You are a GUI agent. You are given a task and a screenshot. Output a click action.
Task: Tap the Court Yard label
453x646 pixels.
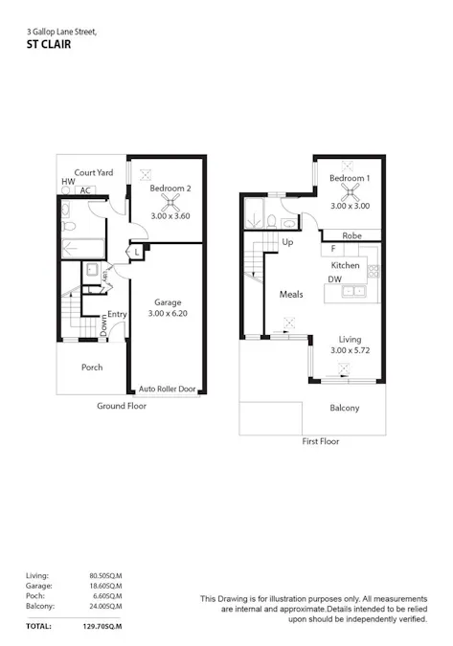coord(93,173)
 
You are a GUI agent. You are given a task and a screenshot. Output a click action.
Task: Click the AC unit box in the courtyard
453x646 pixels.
coord(86,190)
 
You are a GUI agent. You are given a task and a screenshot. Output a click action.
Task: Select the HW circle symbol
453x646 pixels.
coord(67,190)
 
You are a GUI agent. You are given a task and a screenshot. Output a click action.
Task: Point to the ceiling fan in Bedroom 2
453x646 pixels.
coord(170,203)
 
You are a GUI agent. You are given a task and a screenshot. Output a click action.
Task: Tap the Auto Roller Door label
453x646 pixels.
coord(167,390)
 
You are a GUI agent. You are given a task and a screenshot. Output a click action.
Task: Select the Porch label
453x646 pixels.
coord(91,367)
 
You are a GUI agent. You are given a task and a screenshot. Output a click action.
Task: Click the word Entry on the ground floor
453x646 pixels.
coord(117,314)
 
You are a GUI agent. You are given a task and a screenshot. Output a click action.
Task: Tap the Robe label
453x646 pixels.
coord(351,234)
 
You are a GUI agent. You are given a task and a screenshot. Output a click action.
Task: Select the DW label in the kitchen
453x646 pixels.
coord(334,279)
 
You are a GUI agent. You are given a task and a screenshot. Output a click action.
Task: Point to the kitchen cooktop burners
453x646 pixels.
coord(374,271)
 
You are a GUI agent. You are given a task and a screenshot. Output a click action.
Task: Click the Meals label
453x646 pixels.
coord(290,294)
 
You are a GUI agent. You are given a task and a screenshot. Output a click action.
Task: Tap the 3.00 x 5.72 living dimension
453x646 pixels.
coord(349,351)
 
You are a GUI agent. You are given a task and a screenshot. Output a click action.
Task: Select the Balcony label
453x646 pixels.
coord(344,408)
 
